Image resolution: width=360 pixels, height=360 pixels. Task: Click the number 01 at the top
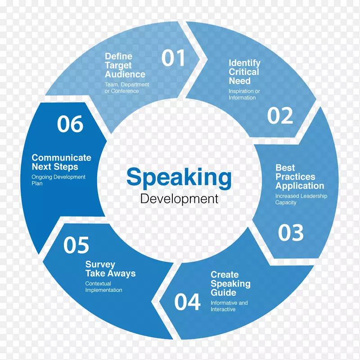point(173,58)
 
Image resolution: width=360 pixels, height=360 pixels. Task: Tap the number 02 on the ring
point(280,116)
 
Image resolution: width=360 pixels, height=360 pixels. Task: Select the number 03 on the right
point(291,232)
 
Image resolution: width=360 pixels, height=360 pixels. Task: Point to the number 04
point(187,302)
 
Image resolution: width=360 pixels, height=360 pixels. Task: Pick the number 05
point(76,245)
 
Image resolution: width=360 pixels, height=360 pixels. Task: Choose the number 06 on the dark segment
point(70,124)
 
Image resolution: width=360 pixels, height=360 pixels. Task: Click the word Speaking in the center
point(179,177)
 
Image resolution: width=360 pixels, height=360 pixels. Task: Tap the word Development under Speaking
point(179,198)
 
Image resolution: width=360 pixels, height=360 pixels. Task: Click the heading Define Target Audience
point(125,65)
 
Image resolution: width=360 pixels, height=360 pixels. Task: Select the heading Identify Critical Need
point(244,72)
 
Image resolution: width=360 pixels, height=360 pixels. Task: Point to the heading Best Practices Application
point(299,177)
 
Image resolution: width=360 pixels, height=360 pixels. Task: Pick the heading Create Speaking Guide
point(230,283)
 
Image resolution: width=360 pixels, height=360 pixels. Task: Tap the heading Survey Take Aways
point(110,269)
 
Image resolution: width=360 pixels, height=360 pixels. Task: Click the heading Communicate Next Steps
point(61,162)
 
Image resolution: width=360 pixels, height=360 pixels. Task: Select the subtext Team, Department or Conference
point(126,88)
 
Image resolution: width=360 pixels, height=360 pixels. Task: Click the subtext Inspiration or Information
point(244,94)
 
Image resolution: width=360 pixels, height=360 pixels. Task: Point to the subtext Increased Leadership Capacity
point(301,199)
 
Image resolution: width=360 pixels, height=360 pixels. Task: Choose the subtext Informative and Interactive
point(229,306)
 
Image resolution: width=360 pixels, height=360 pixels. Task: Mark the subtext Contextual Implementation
point(103,287)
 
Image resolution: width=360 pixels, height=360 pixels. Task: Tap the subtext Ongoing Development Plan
point(58,180)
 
